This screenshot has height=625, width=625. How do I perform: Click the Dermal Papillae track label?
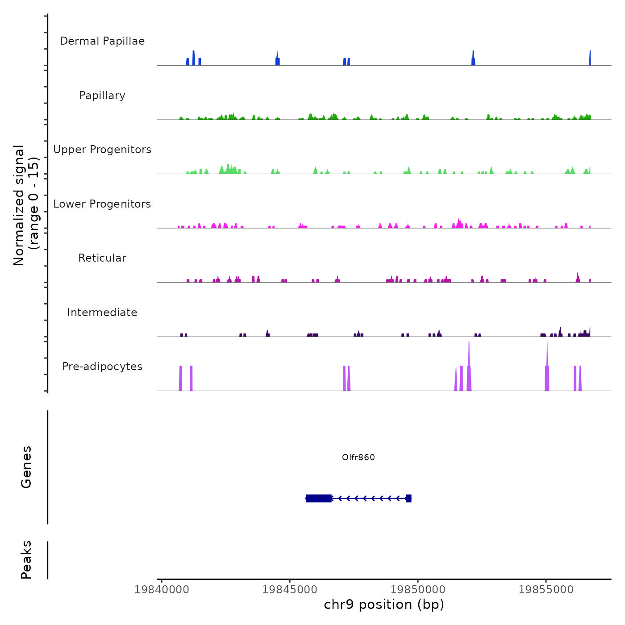[x=102, y=41]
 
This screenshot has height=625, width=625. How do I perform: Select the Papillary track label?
[x=102, y=96]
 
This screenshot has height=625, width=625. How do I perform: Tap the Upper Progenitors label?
[x=102, y=150]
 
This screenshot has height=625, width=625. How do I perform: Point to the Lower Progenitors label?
[x=102, y=204]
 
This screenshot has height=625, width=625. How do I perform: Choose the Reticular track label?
[x=102, y=258]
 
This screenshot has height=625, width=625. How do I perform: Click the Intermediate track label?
[x=102, y=312]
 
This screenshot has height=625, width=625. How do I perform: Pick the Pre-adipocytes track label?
[x=102, y=367]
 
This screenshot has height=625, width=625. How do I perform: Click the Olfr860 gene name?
[x=358, y=457]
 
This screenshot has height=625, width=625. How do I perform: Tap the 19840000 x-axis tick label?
[x=162, y=590]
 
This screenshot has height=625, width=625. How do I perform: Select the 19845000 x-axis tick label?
[x=290, y=590]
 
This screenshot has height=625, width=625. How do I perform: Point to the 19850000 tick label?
[x=418, y=590]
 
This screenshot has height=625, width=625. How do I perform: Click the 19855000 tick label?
[x=546, y=590]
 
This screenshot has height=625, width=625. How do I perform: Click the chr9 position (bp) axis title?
[x=384, y=604]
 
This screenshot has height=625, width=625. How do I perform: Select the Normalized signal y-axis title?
[x=26, y=205]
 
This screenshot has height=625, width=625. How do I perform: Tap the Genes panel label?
[x=26, y=467]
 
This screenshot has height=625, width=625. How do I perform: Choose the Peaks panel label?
[x=26, y=560]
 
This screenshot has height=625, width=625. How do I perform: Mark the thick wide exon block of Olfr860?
[x=319, y=498]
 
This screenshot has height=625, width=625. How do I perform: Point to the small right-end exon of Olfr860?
[x=408, y=498]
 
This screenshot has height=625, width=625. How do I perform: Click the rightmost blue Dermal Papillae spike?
[x=590, y=58]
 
